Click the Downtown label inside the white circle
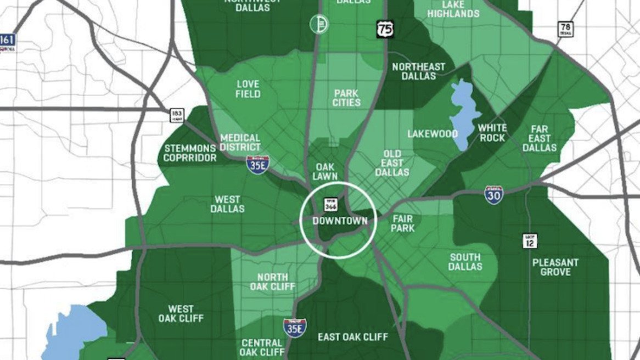coord(340,221)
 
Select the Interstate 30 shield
coord(494,195)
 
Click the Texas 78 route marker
coord(565,29)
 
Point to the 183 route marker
coord(177,115)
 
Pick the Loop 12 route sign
coord(530,240)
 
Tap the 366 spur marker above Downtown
coord(330,204)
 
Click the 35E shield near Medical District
coord(257,165)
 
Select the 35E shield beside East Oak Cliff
coord(295,328)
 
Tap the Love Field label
coord(248,89)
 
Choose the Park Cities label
coord(347,98)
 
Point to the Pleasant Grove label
coord(555,267)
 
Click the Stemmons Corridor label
coord(190,153)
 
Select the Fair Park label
coord(402,223)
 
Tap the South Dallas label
coord(465,262)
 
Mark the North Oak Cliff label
coord(272,282)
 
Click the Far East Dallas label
coord(539,138)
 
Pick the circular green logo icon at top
coord(319,24)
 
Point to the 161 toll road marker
coord(8,42)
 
